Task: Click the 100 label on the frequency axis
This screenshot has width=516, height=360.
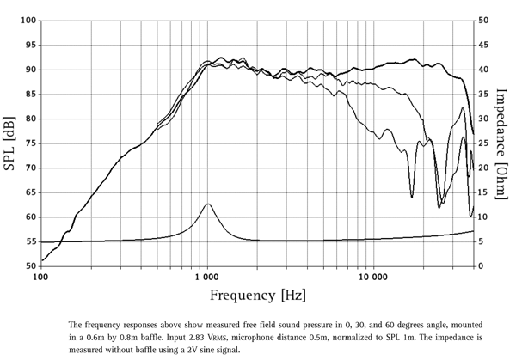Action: (x=40, y=278)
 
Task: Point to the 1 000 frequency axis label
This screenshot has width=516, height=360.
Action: (x=206, y=278)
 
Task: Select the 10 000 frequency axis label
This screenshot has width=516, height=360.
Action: (x=372, y=278)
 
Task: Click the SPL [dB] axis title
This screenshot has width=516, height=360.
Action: (x=10, y=143)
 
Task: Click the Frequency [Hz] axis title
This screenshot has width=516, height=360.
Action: (x=256, y=296)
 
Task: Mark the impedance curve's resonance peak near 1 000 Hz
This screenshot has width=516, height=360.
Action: (x=207, y=204)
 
